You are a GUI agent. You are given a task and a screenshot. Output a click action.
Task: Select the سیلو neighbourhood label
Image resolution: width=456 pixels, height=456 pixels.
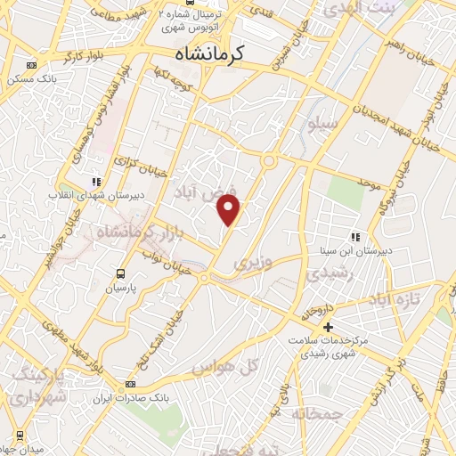[x=322, y=124]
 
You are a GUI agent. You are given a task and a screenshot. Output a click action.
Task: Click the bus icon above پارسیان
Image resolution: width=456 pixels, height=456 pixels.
[x=120, y=273]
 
